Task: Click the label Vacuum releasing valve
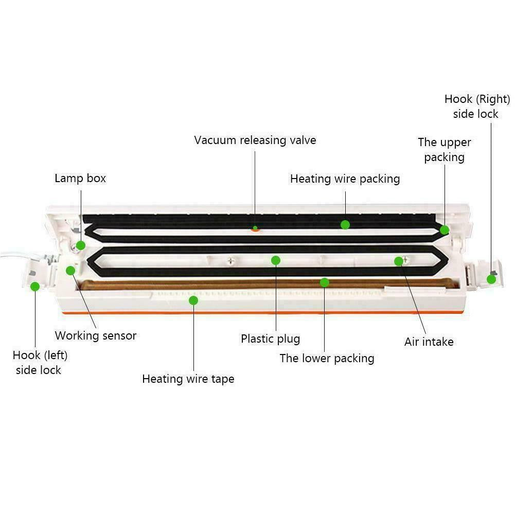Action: pyautogui.click(x=255, y=140)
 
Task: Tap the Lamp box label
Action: pyautogui.click(x=80, y=179)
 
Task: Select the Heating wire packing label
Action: pyautogui.click(x=345, y=179)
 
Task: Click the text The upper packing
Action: pyautogui.click(x=444, y=149)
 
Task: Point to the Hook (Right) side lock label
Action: pyautogui.click(x=477, y=106)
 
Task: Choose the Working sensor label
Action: pyautogui.click(x=96, y=335)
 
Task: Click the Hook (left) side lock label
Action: pyautogui.click(x=40, y=362)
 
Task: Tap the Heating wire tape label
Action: pyautogui.click(x=188, y=379)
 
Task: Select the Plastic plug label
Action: pyautogui.click(x=270, y=339)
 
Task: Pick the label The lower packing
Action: pyautogui.click(x=327, y=358)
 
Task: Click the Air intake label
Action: pyautogui.click(x=429, y=342)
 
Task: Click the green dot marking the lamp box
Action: pyautogui.click(x=81, y=245)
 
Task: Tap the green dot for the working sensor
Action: pyautogui.click(x=70, y=270)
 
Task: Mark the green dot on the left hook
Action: pyautogui.click(x=35, y=287)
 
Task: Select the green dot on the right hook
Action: pyautogui.click(x=491, y=279)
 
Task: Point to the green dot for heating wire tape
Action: pyautogui.click(x=193, y=300)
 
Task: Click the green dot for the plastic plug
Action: pyautogui.click(x=276, y=260)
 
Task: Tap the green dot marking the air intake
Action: pyautogui.click(x=398, y=261)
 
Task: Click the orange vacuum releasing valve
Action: pyautogui.click(x=255, y=228)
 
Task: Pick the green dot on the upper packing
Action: pyautogui.click(x=445, y=230)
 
